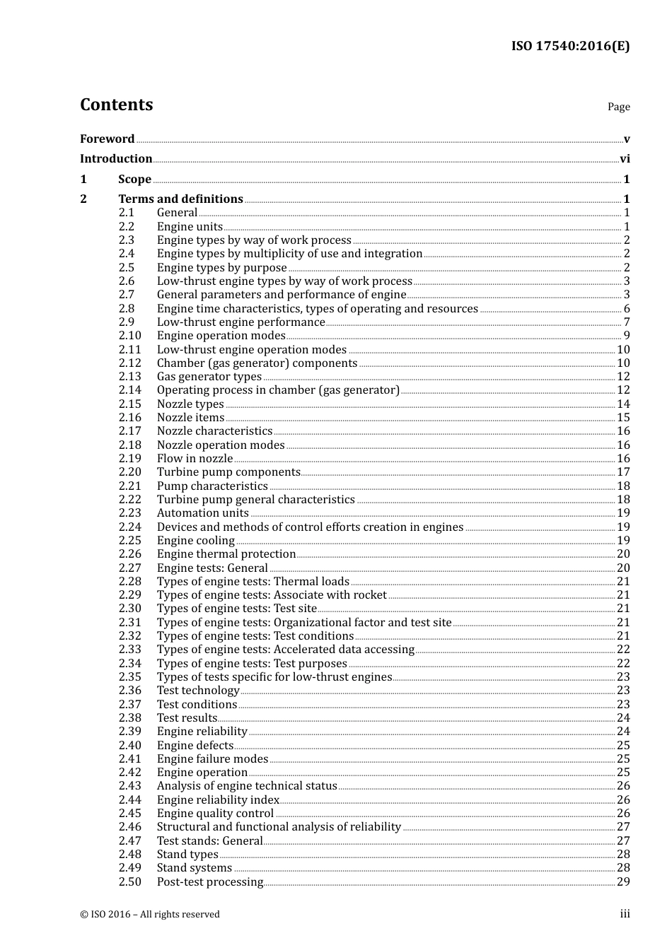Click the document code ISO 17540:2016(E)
pos(570,46)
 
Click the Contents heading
pos(116,105)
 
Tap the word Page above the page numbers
pos(618,107)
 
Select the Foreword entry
pos(107,139)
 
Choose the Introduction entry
pos(116,159)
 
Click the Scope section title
pos(134,180)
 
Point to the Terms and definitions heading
pos(180,199)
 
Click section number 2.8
pos(127,309)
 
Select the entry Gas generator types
pos(209,377)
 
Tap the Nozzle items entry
pos(190,418)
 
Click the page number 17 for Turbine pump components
pos(623,472)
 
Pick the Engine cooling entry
pos(195,541)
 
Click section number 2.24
pos(130,527)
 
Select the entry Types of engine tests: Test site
pos(236,609)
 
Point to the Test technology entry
pos(198,691)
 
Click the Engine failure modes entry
pos(212,759)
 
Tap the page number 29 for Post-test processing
pos(623,882)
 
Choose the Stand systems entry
pos(194,868)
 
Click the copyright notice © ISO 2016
pos(149,915)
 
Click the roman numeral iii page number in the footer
pos(625,914)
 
